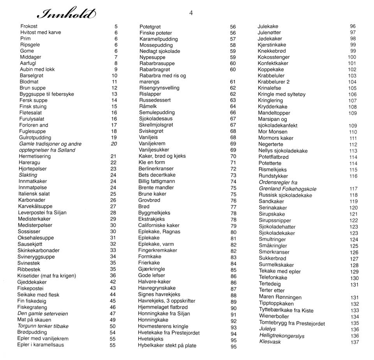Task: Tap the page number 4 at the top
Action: click(x=191, y=13)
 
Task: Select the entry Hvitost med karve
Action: click(x=41, y=32)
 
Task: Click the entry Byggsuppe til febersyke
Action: click(x=47, y=94)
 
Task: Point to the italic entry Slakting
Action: click(x=28, y=175)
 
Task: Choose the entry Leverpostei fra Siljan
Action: click(x=42, y=212)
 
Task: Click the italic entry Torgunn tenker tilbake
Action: click(x=43, y=326)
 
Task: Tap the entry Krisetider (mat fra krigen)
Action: click(x=47, y=275)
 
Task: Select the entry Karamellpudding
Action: click(x=159, y=39)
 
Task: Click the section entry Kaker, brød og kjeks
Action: click(x=162, y=156)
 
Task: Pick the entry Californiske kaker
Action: click(x=159, y=225)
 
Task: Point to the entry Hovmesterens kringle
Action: click(x=163, y=326)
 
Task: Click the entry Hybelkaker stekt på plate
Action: click(x=167, y=345)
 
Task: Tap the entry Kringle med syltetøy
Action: click(x=282, y=94)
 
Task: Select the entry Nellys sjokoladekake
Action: click(x=283, y=151)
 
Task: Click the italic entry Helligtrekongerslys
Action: click(x=282, y=335)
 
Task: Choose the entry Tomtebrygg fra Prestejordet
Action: click(x=292, y=323)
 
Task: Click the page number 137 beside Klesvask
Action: click(x=354, y=342)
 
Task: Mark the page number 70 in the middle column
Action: click(x=233, y=156)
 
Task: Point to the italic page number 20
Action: click(x=113, y=144)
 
